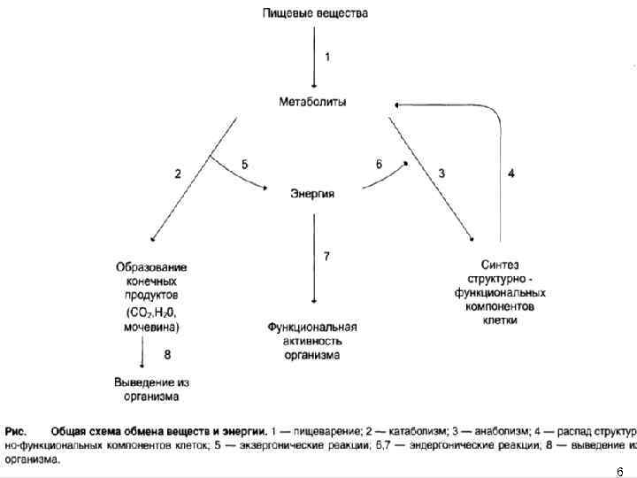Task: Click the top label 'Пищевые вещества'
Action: click(x=314, y=13)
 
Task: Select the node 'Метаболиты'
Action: click(x=313, y=102)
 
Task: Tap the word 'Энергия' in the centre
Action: click(x=312, y=194)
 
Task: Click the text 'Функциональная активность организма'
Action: click(x=312, y=341)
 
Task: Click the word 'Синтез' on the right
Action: click(x=500, y=265)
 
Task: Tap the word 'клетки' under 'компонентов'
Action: click(x=500, y=320)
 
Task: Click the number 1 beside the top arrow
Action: click(x=328, y=57)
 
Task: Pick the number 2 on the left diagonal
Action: click(x=178, y=173)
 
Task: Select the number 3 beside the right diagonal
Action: click(x=441, y=173)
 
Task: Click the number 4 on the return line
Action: click(x=511, y=173)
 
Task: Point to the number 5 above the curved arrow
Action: click(x=245, y=164)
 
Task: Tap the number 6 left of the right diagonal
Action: click(x=379, y=165)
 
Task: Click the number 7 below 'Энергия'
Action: click(x=326, y=256)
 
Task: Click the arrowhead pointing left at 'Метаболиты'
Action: click(x=398, y=104)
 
